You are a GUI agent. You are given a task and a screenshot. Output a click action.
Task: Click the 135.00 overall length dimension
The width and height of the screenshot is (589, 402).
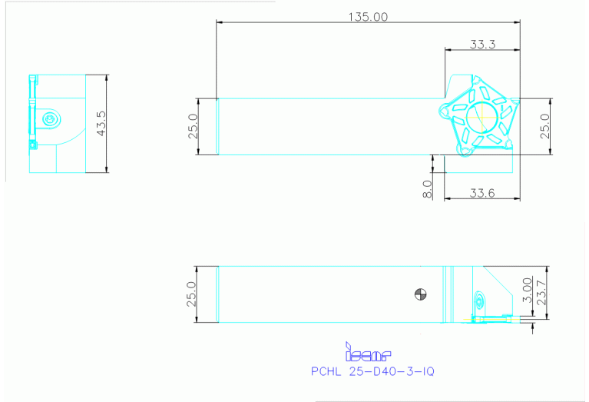pyautogui.click(x=369, y=16)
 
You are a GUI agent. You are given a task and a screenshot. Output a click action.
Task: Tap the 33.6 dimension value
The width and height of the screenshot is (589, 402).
pyautogui.click(x=481, y=192)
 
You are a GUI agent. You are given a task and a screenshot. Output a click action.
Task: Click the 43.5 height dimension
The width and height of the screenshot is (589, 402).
pyautogui.click(x=100, y=123)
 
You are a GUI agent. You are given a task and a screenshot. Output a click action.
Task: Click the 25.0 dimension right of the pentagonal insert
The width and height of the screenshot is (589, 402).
pyautogui.click(x=544, y=126)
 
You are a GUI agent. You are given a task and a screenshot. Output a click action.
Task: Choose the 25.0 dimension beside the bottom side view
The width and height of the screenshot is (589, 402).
pyautogui.click(x=192, y=294)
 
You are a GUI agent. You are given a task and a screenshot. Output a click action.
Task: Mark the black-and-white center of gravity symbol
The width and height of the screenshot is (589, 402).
pyautogui.click(x=420, y=293)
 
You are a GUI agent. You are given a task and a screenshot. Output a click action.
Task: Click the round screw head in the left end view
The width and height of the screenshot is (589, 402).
pyautogui.click(x=51, y=118)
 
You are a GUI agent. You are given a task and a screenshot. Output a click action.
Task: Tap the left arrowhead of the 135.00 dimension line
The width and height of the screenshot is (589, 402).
pyautogui.click(x=220, y=22)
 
